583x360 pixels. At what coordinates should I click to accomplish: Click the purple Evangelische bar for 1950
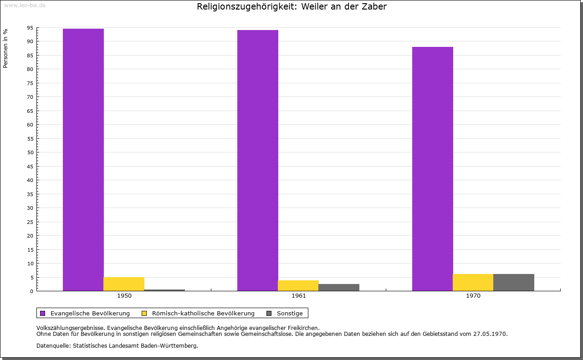pyautogui.click(x=83, y=159)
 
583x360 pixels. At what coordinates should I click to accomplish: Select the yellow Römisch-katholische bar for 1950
pyautogui.click(x=124, y=284)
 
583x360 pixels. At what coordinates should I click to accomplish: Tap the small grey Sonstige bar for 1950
pyautogui.click(x=164, y=290)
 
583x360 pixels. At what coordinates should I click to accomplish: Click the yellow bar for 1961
pyautogui.click(x=298, y=285)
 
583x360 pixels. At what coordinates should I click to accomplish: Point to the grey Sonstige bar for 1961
pyautogui.click(x=339, y=287)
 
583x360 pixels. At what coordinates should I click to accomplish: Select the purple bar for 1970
pyautogui.click(x=433, y=168)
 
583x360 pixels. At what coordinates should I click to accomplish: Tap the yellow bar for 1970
pyautogui.click(x=473, y=282)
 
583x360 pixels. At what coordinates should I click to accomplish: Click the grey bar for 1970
pyautogui.click(x=514, y=282)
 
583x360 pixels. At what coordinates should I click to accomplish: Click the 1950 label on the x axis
pyautogui.click(x=124, y=296)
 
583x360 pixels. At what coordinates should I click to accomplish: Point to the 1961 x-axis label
pyautogui.click(x=299, y=296)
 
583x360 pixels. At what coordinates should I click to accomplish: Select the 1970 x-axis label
pyautogui.click(x=473, y=296)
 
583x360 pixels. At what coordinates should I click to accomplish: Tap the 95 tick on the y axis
pyautogui.click(x=30, y=28)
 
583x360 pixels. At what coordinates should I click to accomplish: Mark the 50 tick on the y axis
pyautogui.click(x=30, y=152)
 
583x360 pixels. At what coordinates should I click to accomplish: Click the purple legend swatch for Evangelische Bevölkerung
pyautogui.click(x=43, y=313)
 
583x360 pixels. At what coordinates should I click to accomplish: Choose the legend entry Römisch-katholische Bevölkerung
pyautogui.click(x=203, y=313)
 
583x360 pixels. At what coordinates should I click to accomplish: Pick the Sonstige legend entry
pyautogui.click(x=290, y=313)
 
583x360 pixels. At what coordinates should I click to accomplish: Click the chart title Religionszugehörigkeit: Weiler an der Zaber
pyautogui.click(x=291, y=6)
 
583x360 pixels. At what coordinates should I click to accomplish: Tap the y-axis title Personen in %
pyautogui.click(x=5, y=48)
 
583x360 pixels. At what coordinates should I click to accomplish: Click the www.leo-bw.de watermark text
pyautogui.click(x=25, y=5)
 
